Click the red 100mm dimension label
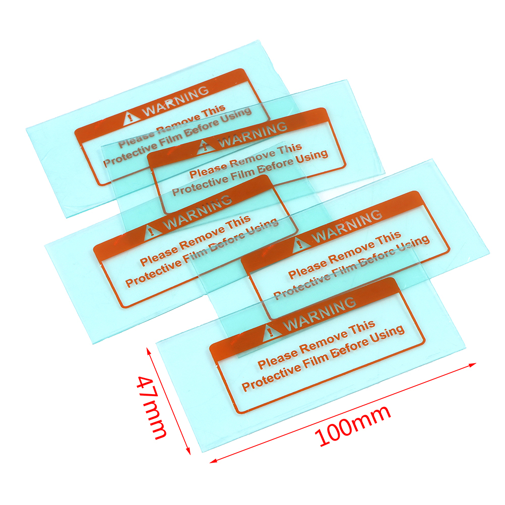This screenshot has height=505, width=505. [x=353, y=425]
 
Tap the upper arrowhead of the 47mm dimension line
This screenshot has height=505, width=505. [x=149, y=351]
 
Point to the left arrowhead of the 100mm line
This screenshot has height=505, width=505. [x=213, y=461]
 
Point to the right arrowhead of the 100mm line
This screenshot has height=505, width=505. [x=472, y=364]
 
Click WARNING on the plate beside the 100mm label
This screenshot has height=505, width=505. [x=320, y=314]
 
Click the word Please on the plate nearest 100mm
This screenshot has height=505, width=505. [x=278, y=358]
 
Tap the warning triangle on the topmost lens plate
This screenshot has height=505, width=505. [x=131, y=118]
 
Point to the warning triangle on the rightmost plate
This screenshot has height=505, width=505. [x=301, y=244]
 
